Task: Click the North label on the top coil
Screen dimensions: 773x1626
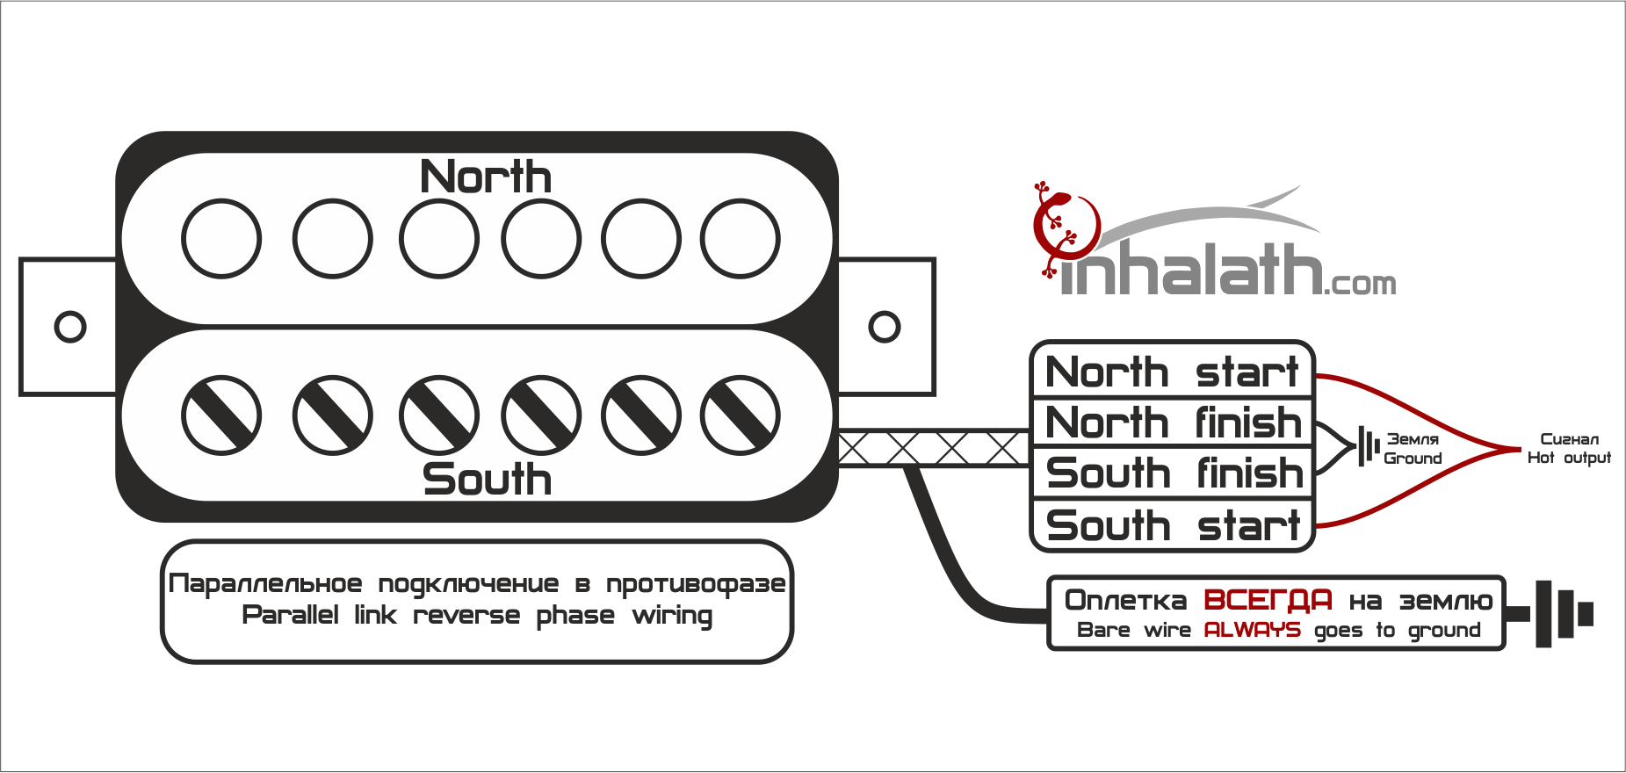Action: click(486, 177)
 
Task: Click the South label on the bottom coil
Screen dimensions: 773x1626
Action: click(487, 480)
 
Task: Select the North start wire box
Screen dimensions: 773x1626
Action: click(1172, 372)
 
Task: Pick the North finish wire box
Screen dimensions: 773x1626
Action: click(1172, 423)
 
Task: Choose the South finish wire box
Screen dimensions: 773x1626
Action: click(1172, 473)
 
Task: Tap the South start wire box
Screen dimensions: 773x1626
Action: click(1172, 525)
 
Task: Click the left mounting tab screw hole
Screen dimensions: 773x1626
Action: click(70, 327)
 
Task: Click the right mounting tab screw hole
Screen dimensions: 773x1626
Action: click(884, 327)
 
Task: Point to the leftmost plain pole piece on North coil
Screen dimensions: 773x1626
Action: click(221, 239)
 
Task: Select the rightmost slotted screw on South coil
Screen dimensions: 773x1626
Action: click(740, 415)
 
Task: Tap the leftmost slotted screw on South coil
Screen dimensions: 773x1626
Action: click(221, 415)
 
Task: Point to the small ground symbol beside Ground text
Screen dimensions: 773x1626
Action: click(1367, 446)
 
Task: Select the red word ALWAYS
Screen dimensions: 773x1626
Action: click(1252, 630)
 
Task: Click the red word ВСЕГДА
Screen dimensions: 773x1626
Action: click(1268, 600)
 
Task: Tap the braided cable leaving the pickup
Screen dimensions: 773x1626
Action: click(933, 448)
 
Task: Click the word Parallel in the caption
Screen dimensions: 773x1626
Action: click(290, 615)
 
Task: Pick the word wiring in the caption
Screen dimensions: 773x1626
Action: click(672, 616)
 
